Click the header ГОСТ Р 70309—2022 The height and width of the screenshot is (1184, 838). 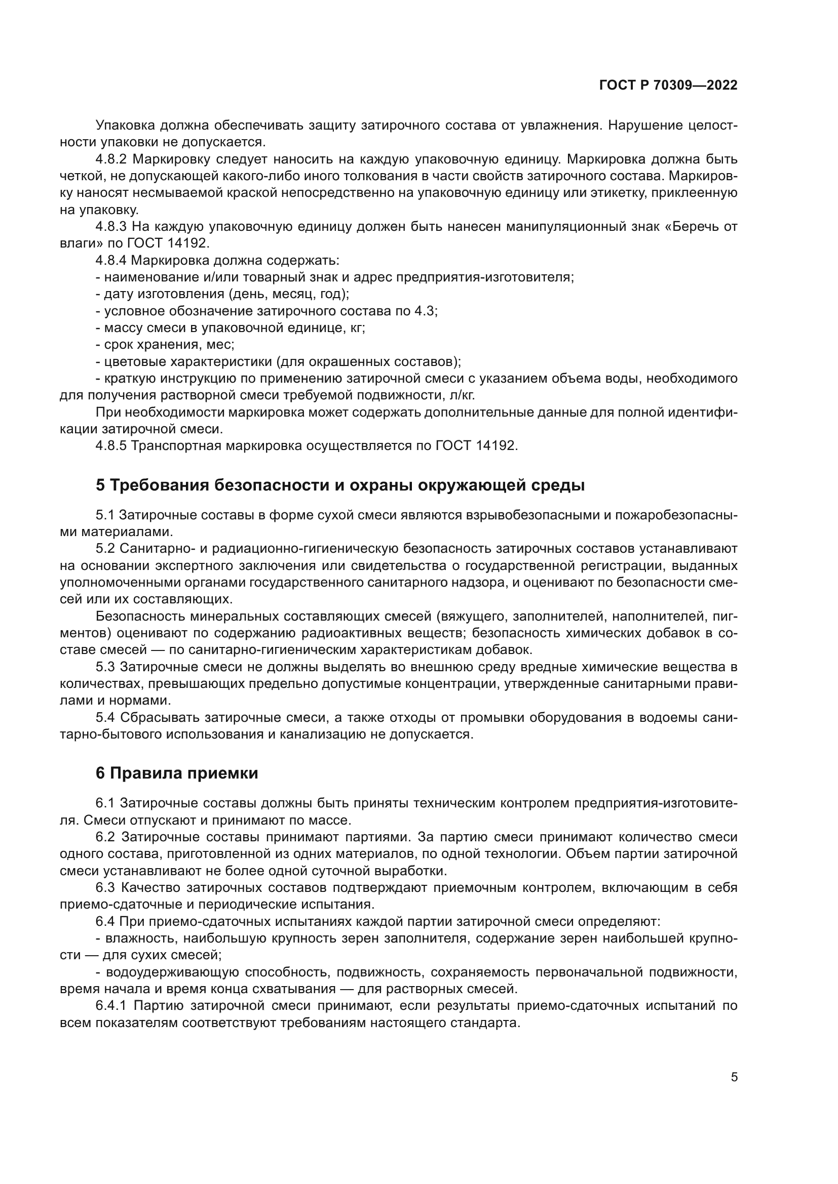coord(668,86)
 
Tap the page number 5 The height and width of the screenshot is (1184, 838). coord(734,1077)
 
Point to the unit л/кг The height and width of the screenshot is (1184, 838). coord(462,395)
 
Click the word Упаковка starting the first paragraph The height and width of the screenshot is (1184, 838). coord(125,126)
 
